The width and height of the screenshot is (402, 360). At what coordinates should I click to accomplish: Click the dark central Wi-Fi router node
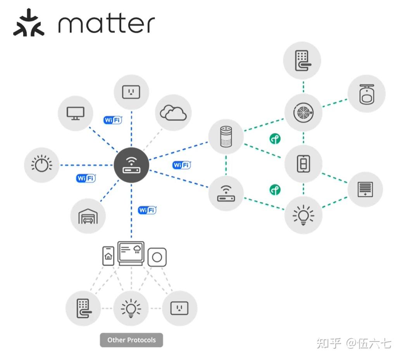131,165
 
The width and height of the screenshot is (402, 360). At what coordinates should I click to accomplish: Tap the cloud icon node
173,112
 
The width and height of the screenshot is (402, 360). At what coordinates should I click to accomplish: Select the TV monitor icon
75,113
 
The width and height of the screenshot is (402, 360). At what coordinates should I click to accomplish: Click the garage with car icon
88,216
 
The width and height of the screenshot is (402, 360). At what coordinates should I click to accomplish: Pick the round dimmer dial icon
41,165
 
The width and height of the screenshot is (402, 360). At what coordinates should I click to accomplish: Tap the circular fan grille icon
303,112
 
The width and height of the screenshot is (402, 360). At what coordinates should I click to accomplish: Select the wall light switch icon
303,164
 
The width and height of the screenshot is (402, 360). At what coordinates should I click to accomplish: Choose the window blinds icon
365,189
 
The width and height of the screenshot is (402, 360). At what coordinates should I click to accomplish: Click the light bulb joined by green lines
303,214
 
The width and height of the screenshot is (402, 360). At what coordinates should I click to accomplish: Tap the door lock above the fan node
302,60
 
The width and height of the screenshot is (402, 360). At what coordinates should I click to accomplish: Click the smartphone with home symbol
108,256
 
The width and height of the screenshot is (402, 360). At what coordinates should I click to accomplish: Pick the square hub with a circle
157,257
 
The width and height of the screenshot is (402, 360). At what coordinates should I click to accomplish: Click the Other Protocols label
131,340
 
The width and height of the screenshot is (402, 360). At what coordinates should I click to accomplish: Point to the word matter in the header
106,24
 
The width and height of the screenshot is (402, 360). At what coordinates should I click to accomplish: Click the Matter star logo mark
29,22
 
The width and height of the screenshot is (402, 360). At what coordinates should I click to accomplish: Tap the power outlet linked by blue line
131,92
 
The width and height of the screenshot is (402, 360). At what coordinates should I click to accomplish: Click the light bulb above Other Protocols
131,308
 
